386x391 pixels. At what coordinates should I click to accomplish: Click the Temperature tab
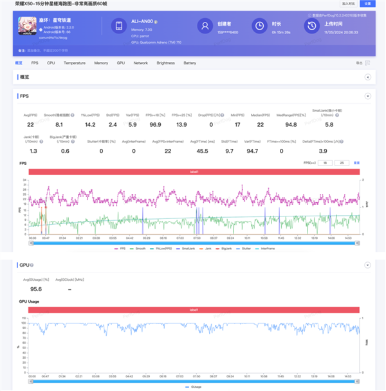75,63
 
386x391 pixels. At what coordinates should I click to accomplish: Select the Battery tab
190,63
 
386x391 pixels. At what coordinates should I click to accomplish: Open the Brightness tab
165,63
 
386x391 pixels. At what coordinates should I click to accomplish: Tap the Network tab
141,63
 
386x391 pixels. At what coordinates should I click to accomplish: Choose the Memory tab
101,63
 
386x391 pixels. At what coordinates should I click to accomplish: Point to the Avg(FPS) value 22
30,124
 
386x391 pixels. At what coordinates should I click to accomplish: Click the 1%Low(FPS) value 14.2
90,124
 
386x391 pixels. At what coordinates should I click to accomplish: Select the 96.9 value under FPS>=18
154,124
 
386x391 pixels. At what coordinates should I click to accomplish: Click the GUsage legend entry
194,386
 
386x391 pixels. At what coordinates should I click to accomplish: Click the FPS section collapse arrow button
367,96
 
